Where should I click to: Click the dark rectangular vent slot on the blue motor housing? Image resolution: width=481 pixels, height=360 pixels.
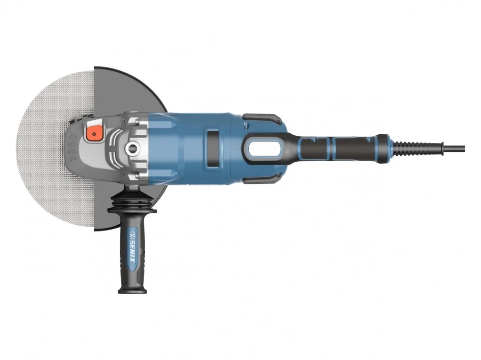pos(213,149)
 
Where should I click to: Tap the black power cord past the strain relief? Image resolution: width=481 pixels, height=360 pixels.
pos(455,149)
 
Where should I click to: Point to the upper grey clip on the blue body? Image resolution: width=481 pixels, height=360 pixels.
pos(262,118)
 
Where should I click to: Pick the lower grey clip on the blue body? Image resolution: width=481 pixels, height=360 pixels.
pos(262,179)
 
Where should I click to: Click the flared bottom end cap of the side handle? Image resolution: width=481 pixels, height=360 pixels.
pos(133,289)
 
